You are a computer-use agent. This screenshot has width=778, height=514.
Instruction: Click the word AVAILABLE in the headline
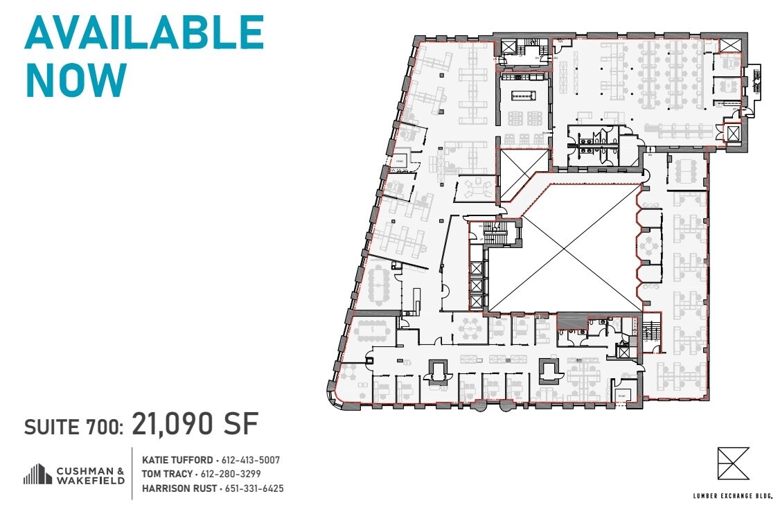[x=144, y=32]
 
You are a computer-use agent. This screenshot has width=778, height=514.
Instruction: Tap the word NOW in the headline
[x=76, y=80]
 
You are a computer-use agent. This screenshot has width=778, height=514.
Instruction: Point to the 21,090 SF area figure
[x=195, y=424]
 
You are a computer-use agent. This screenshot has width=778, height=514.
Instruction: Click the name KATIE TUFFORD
[x=177, y=460]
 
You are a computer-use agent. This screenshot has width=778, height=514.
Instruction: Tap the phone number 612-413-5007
[x=250, y=460]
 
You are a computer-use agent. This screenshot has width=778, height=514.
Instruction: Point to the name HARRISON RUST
[x=179, y=488]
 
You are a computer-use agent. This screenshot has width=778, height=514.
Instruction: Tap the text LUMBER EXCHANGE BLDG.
[x=732, y=495]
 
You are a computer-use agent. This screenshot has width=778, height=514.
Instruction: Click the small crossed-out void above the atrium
[x=524, y=173]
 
